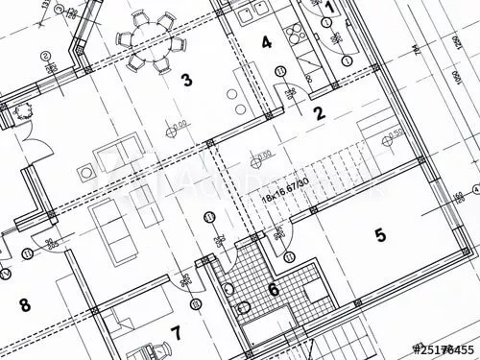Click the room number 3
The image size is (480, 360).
186,80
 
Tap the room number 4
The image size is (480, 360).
266,42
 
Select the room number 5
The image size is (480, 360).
379,234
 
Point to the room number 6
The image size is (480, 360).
273,289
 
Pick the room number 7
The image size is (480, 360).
175,333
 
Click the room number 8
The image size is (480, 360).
24,306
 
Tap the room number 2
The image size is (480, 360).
320,112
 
